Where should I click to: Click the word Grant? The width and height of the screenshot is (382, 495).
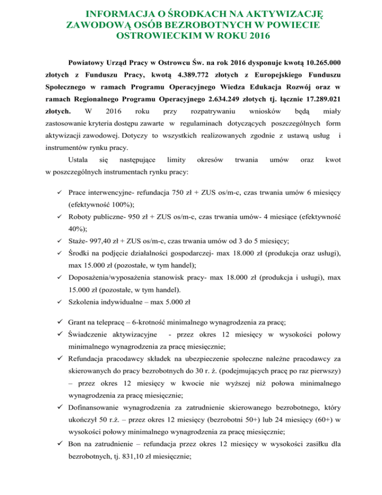pyautogui.click(x=79, y=322)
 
